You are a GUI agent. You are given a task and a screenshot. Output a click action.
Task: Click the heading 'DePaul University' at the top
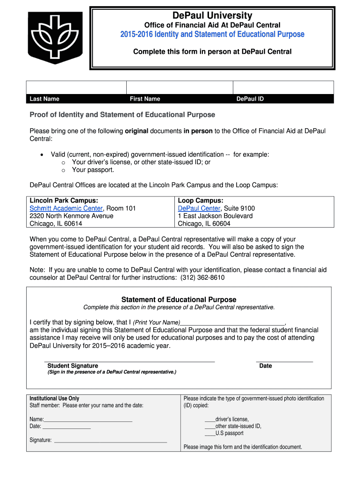click(x=212, y=15)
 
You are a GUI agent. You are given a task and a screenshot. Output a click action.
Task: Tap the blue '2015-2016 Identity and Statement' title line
click(x=212, y=34)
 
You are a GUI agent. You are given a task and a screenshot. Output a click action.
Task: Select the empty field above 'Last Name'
click(x=76, y=87)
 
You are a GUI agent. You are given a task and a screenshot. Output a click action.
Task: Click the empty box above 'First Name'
click(x=180, y=87)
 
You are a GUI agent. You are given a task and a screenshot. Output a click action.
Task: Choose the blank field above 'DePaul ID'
click(x=283, y=87)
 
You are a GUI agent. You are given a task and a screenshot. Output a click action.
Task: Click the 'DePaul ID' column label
click(x=250, y=99)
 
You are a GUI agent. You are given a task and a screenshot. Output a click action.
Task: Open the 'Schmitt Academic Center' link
click(x=66, y=208)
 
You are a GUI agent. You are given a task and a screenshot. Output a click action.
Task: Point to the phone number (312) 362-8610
click(x=202, y=277)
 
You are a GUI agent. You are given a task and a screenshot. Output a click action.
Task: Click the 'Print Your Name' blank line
click(x=232, y=322)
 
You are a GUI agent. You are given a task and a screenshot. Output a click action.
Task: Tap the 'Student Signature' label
click(x=73, y=366)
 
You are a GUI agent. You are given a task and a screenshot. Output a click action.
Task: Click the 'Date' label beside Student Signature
click(x=266, y=366)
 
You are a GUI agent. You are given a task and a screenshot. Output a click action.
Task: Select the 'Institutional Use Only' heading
click(x=55, y=399)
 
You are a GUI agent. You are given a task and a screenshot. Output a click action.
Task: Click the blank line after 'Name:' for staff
click(x=88, y=419)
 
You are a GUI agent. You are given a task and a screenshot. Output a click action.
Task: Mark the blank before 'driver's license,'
click(x=210, y=419)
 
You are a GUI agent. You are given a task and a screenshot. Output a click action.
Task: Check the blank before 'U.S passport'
click(x=210, y=433)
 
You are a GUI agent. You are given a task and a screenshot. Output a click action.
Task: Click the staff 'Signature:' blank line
click(x=111, y=440)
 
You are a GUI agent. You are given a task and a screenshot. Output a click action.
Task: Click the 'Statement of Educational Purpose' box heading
click(x=179, y=299)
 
